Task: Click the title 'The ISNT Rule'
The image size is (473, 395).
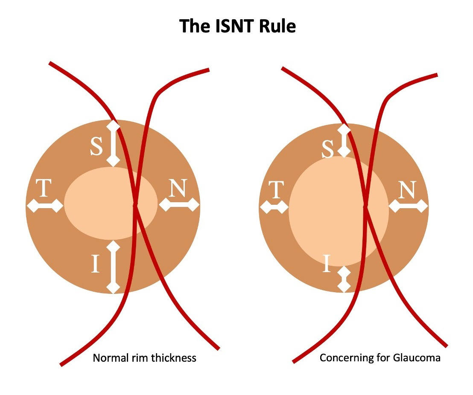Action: [x=237, y=26]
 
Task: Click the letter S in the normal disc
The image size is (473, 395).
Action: [x=96, y=147]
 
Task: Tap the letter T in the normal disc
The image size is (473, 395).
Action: [x=44, y=188]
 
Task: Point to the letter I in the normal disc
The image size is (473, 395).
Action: [x=96, y=264]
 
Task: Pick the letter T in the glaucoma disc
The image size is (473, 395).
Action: [x=276, y=189]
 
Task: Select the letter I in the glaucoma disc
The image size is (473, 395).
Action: [x=327, y=263]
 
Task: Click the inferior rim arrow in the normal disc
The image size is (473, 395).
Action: [x=113, y=267]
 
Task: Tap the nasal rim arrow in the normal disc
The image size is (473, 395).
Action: [x=179, y=205]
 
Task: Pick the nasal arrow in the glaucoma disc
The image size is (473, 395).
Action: [x=409, y=206]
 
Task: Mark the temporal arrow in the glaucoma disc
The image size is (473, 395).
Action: [x=274, y=207]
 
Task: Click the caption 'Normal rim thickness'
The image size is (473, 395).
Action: [x=144, y=357]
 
